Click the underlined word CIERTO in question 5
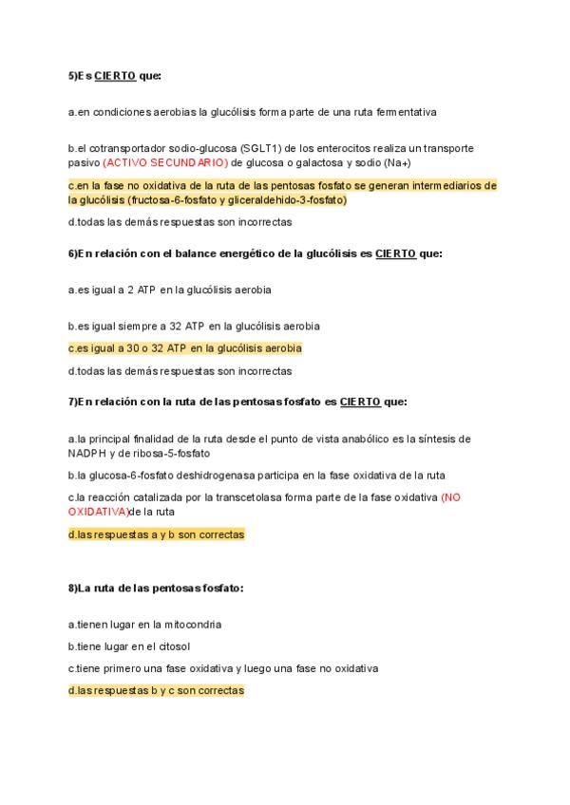[x=115, y=75]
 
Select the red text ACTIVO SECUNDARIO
[x=163, y=162]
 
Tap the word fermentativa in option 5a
[x=405, y=112]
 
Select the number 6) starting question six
[x=72, y=253]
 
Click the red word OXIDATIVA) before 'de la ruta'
[x=98, y=511]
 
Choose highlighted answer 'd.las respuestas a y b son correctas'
[x=156, y=534]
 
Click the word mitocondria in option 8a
[x=195, y=625]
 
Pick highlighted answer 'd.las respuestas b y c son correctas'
[x=156, y=691]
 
